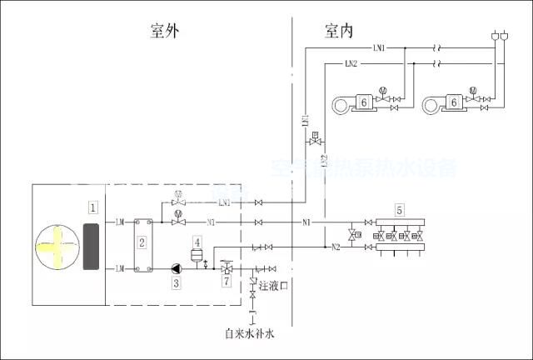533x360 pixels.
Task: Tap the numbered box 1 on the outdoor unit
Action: (94, 205)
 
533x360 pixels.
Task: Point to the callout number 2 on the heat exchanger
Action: (142, 242)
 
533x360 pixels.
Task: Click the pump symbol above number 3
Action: (177, 268)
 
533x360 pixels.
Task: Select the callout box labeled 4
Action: (198, 241)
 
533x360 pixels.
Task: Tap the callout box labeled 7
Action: (226, 282)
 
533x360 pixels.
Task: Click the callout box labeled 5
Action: (400, 210)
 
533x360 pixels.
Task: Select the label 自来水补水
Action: (249, 333)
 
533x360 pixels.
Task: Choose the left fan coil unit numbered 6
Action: (363, 102)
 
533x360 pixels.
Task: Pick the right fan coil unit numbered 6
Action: (455, 102)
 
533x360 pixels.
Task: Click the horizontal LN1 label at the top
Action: (378, 48)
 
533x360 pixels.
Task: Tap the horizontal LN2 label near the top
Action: (351, 63)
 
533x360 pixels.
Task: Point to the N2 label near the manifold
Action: (336, 247)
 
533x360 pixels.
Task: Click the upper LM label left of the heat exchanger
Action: (120, 222)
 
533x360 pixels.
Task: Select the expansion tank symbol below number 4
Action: (198, 253)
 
